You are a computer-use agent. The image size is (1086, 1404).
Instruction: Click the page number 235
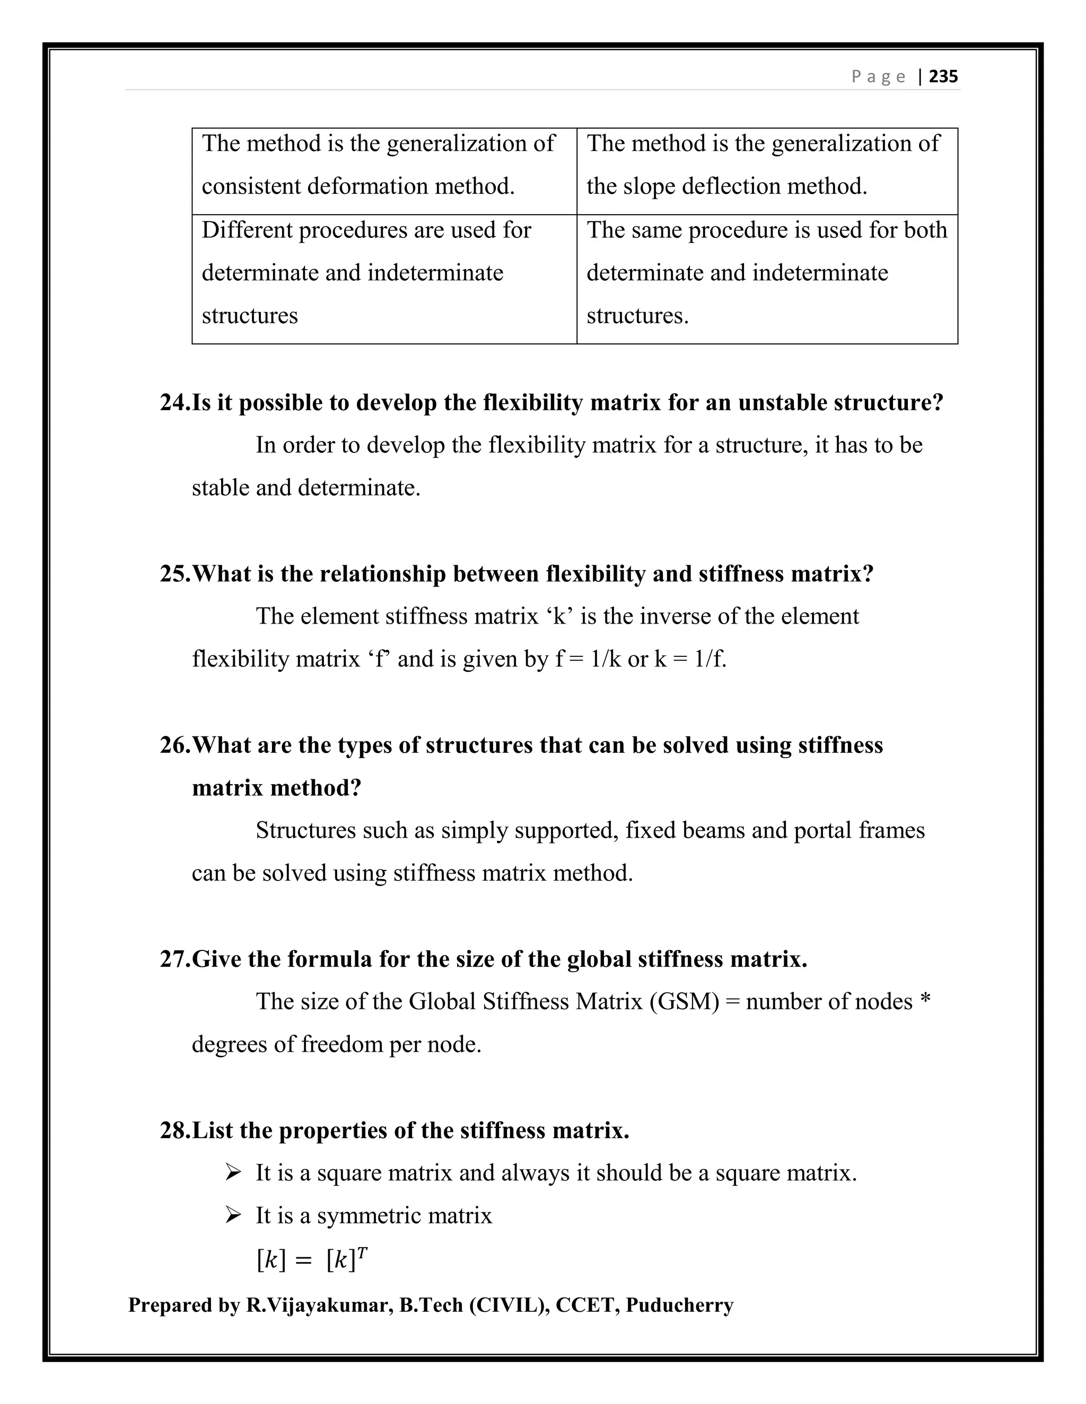click(943, 76)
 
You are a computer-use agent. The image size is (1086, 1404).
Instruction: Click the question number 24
click(174, 403)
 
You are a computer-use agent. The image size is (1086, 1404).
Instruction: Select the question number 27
click(174, 959)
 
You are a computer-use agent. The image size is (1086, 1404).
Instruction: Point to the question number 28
click(174, 1130)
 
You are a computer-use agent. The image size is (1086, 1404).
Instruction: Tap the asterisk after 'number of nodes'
click(925, 1000)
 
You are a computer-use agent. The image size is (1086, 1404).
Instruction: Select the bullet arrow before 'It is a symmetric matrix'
click(233, 1215)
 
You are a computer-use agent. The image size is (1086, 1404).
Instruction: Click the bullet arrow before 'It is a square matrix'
click(233, 1173)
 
